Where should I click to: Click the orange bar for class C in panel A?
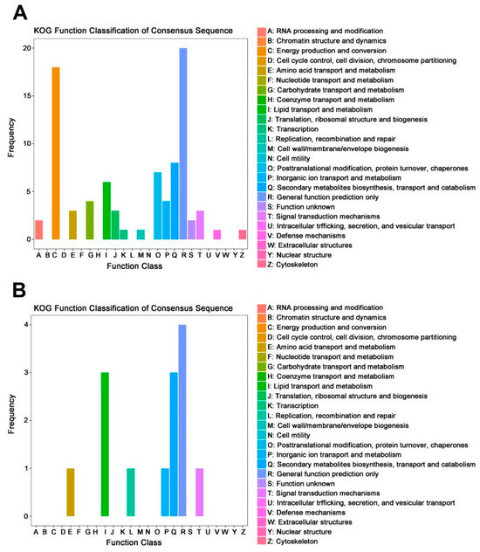[x=56, y=153]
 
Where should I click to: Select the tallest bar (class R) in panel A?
[x=183, y=143]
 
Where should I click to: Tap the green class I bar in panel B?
[x=105, y=445]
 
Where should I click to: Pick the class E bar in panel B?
[x=71, y=492]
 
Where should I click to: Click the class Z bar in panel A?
[x=243, y=234]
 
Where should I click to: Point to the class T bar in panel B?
[x=199, y=492]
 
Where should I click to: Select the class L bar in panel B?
[x=130, y=492]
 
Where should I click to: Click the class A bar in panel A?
[x=38, y=230]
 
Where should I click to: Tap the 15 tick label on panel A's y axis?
[x=27, y=96]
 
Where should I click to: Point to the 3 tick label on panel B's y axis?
[x=26, y=372]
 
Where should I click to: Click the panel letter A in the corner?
[x=20, y=13]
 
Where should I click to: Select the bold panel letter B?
[x=19, y=291]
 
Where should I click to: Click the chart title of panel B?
[x=133, y=308]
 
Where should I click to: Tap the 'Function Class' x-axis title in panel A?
[x=134, y=266]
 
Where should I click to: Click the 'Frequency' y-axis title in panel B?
[x=11, y=414]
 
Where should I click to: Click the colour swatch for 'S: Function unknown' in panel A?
[x=262, y=207]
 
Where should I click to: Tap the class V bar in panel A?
[x=217, y=234]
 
